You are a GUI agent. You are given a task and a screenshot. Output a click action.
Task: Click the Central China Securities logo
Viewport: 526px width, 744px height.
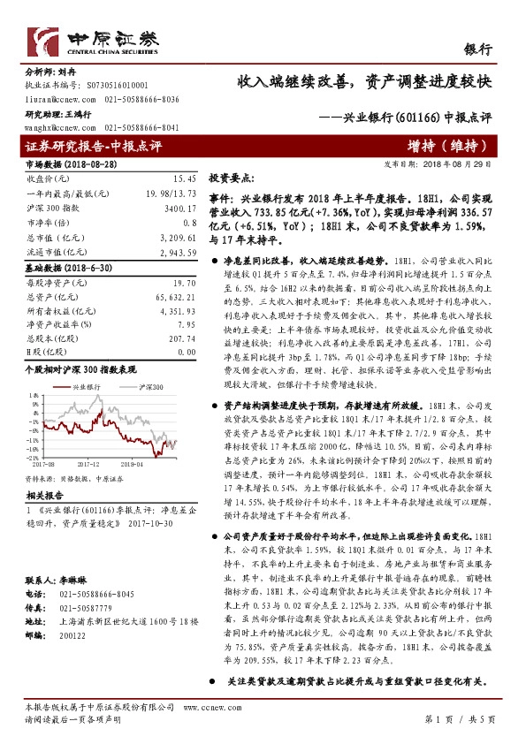pos(94,42)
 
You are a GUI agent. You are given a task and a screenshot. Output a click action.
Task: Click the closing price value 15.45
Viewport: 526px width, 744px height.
pos(183,178)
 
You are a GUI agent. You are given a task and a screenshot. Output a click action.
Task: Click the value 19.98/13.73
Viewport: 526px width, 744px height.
pos(172,193)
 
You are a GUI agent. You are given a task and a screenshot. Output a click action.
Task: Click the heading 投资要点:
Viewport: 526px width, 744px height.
pos(232,178)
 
